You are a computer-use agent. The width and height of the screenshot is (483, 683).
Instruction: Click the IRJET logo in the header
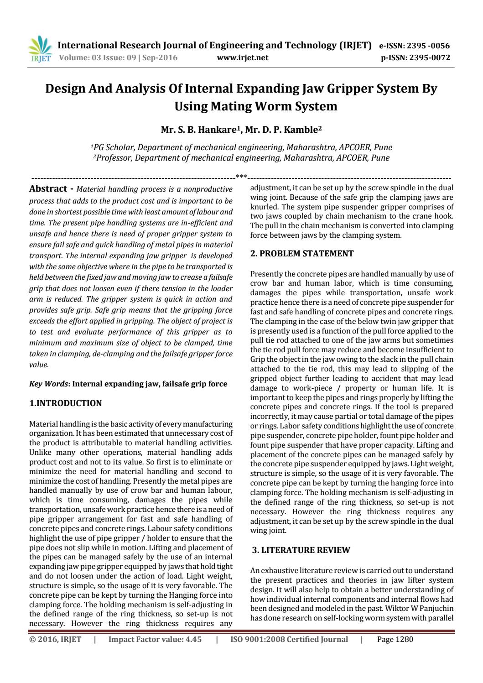click(40, 50)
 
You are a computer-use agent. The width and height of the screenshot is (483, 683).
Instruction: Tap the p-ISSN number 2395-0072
click(430, 57)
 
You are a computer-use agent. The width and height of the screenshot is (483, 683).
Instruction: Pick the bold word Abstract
click(48, 188)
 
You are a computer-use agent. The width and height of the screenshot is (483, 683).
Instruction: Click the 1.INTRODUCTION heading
click(65, 403)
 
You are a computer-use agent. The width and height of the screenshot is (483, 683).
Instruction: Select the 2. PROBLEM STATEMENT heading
click(301, 254)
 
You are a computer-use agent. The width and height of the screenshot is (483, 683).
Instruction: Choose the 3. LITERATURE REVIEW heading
click(301, 550)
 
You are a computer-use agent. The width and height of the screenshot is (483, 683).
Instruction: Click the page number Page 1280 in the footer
click(395, 639)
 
